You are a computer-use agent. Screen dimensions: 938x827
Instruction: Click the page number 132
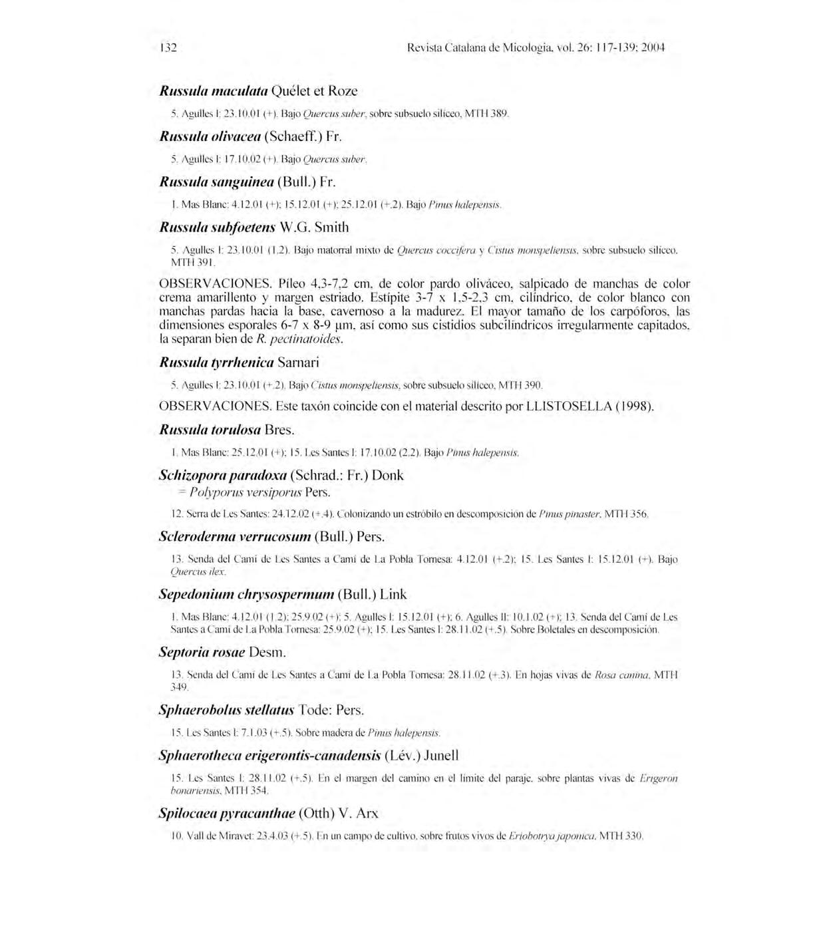(167, 48)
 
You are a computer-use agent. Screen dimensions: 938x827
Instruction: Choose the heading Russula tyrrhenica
(217, 363)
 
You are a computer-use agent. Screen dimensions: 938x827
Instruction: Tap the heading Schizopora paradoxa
(223, 476)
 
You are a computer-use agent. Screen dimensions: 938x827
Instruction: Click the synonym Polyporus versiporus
(246, 493)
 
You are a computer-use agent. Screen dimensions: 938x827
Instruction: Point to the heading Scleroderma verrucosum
(235, 536)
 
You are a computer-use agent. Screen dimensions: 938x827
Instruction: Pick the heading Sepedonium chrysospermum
(247, 594)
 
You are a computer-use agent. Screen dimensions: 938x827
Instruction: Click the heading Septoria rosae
(202, 652)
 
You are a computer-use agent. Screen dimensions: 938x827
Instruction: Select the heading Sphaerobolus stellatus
(226, 710)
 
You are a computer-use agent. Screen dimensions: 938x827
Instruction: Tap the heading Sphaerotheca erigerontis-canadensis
(269, 756)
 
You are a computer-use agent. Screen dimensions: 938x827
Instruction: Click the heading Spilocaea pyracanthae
(227, 814)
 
